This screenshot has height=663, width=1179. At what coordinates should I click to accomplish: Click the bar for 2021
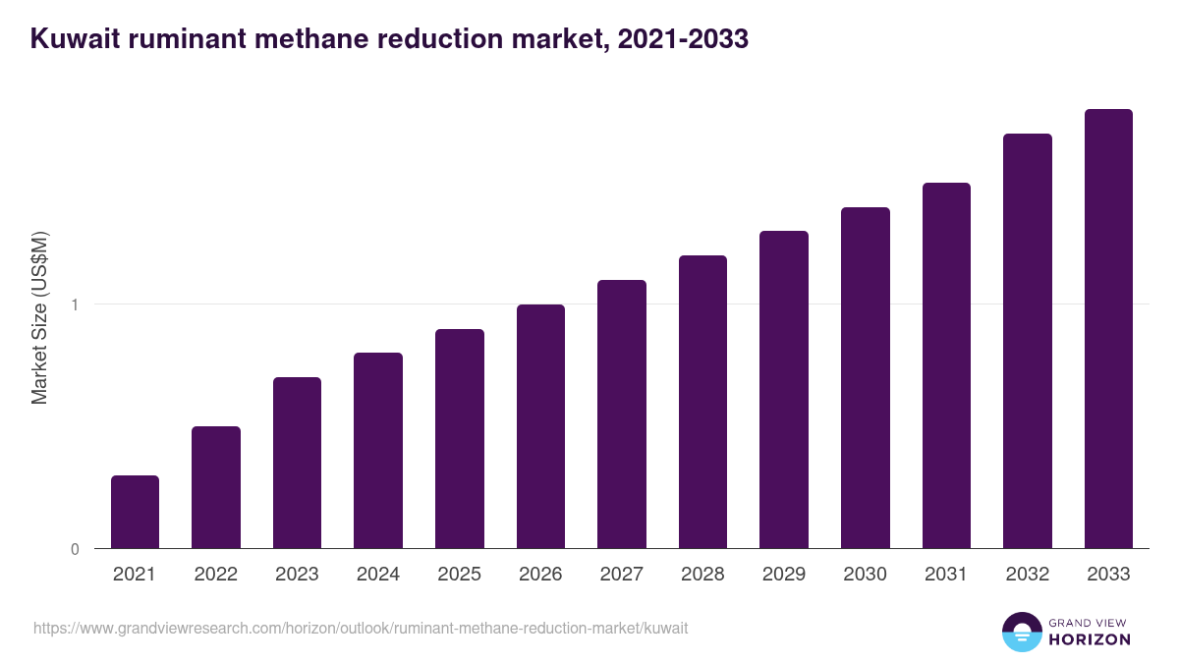coord(135,512)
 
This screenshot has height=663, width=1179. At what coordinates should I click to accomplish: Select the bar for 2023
coord(297,463)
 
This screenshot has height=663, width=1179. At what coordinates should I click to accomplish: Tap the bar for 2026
coord(540,426)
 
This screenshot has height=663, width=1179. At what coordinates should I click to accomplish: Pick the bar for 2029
coord(784,390)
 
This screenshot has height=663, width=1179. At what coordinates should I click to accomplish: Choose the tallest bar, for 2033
coord(1108,329)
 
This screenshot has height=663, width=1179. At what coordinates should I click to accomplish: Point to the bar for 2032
coord(1028,341)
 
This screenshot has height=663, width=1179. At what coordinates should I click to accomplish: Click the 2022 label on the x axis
coord(215,575)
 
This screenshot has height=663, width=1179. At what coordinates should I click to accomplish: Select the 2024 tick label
coord(377,575)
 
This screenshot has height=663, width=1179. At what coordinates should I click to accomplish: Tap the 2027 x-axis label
coord(621,575)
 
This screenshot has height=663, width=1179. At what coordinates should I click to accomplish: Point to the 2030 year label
coord(865,575)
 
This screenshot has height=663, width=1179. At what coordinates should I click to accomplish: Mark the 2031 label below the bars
coord(946,575)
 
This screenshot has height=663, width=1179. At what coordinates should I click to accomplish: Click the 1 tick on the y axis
coord(75,304)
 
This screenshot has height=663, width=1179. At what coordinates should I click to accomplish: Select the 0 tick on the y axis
coord(75,549)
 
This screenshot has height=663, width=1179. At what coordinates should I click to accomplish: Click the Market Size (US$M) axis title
coord(39,318)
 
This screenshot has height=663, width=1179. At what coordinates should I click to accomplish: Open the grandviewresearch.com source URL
coord(361,628)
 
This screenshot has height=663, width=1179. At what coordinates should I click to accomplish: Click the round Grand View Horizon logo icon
coord(1022,632)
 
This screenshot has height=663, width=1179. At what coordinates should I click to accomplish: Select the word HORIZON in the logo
coord(1091,639)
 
